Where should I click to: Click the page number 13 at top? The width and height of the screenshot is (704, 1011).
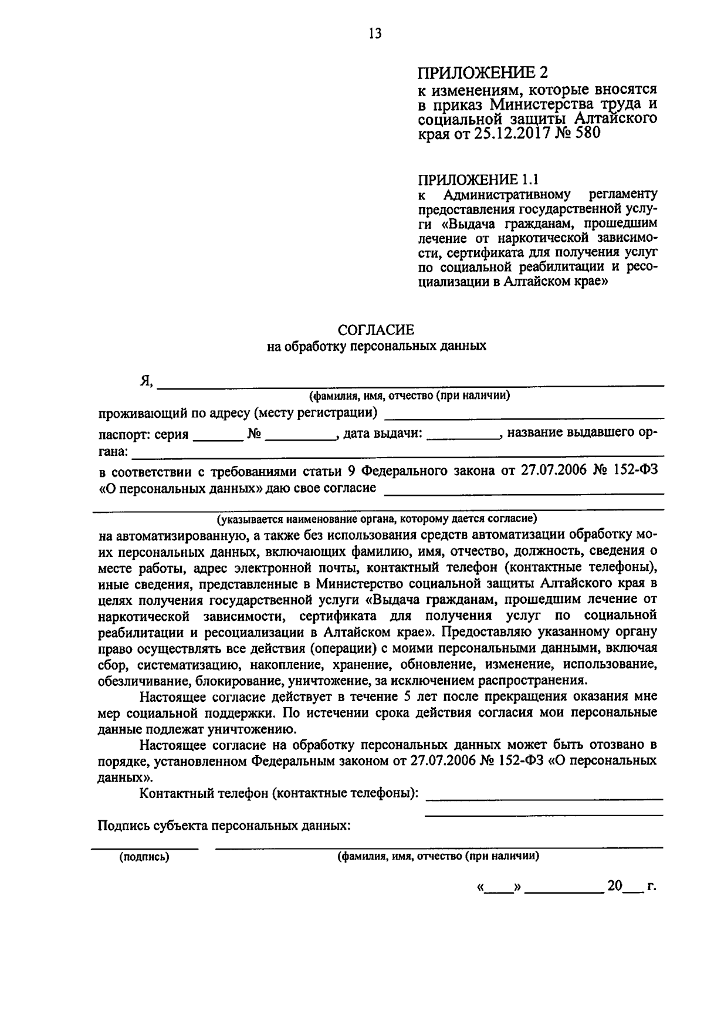[375, 33]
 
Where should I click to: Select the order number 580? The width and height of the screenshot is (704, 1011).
[588, 133]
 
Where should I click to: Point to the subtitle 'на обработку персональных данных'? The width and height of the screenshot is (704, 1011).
[376, 346]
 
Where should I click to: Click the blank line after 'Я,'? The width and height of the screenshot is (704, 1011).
[411, 385]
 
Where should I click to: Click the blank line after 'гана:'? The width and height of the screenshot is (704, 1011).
[399, 455]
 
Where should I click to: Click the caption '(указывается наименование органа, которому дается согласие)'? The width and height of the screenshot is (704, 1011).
[376, 519]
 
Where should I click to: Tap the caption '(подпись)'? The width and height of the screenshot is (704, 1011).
[144, 857]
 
